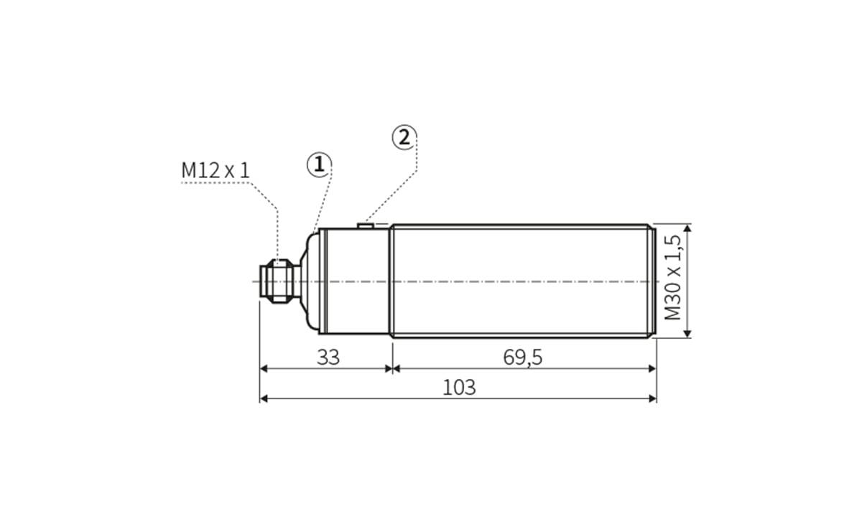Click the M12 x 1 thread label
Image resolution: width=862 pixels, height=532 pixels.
tap(215, 171)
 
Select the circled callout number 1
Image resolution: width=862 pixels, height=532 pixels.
tap(319, 165)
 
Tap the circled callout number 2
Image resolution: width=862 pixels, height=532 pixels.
tap(404, 137)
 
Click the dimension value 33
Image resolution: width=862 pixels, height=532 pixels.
tap(328, 358)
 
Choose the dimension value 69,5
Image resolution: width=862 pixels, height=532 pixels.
tap(522, 358)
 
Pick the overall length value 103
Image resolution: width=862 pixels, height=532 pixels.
tap(459, 388)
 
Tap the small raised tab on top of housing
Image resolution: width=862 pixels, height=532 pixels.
tap(365, 226)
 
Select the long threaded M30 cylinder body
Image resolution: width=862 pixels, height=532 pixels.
tap(522, 281)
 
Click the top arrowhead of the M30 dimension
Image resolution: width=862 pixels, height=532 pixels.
tap(687, 228)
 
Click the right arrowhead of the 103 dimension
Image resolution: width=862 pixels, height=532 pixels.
tap(652, 398)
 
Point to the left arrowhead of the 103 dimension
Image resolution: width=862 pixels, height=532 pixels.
tap(264, 398)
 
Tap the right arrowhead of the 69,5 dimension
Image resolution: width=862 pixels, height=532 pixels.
tap(652, 368)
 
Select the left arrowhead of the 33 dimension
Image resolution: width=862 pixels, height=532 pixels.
tap(264, 368)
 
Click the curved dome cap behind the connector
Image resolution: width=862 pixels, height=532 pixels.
tap(310, 281)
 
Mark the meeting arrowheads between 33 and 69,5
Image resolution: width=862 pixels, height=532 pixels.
tap(391, 368)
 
